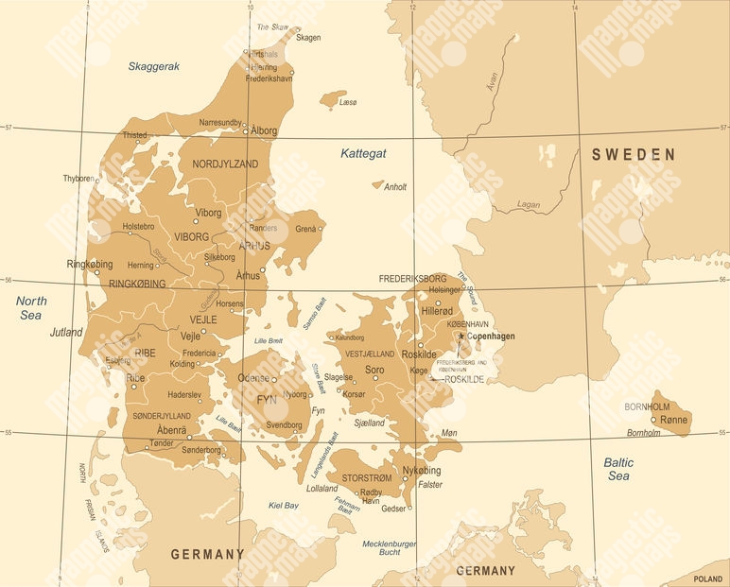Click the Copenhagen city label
(490, 336)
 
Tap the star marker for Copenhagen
(461, 336)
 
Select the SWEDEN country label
(634, 154)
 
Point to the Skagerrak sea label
(154, 66)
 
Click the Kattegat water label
(363, 153)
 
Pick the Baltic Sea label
(618, 470)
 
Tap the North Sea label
(31, 307)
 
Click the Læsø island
(333, 98)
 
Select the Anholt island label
(395, 187)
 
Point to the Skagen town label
(308, 38)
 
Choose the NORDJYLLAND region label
(225, 164)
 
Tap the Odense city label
(252, 377)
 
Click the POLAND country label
(707, 578)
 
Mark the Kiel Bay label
(284, 506)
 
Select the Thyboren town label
(78, 179)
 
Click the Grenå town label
(306, 229)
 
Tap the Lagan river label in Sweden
(529, 205)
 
